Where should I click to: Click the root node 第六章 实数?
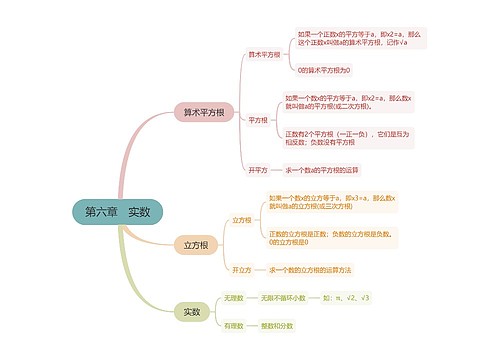(117, 212)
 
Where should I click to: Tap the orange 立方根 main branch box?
(195, 245)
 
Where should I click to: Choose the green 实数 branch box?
(190, 312)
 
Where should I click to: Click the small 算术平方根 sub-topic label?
(264, 54)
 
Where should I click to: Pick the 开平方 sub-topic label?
(257, 169)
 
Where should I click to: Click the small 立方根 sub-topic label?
(241, 219)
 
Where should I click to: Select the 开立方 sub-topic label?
(241, 270)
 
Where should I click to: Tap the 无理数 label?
(234, 298)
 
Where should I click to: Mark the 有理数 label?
(234, 326)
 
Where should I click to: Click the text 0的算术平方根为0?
(324, 70)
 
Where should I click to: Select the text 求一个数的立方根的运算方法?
(310, 270)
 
